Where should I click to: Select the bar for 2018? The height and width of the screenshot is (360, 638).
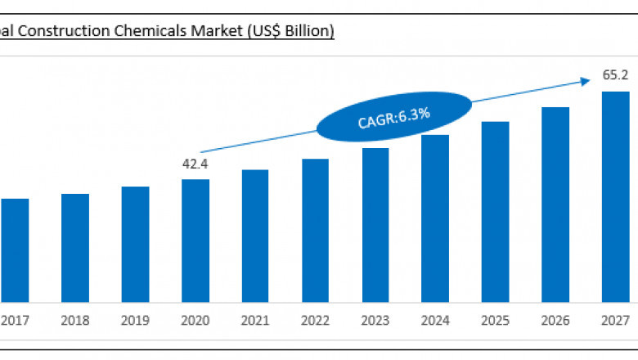tap(75, 247)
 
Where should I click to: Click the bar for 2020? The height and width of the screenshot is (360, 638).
tap(195, 240)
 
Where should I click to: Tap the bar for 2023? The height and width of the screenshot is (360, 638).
tap(375, 224)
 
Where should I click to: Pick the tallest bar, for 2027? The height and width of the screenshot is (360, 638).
tap(616, 196)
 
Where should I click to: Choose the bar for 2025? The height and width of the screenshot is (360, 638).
tap(496, 211)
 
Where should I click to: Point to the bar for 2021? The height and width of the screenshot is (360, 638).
tap(255, 235)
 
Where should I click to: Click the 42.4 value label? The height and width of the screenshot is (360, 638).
tap(195, 164)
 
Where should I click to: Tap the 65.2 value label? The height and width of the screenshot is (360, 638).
tap(615, 75)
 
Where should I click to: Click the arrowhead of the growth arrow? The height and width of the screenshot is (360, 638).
tap(586, 80)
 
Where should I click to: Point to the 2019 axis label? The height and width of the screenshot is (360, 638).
tap(135, 321)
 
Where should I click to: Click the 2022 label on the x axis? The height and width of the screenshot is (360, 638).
tap(315, 321)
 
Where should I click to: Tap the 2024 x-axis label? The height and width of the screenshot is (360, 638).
tap(435, 321)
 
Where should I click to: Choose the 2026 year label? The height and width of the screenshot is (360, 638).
tap(555, 321)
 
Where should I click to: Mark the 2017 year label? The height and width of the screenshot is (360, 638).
tap(15, 321)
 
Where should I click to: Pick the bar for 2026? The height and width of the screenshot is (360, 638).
tap(555, 204)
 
